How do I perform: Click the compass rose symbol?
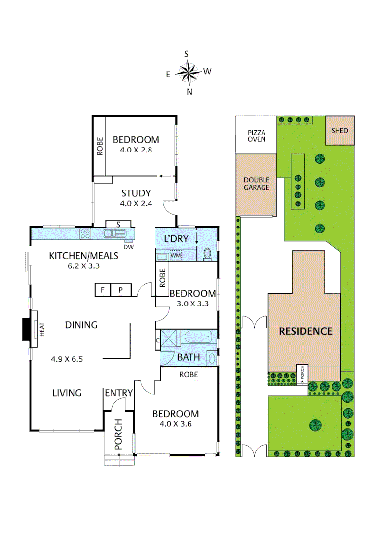pos(188,73)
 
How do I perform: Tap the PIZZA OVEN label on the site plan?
pos(257,136)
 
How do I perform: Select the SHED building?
pos(339,131)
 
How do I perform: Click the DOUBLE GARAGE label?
pos(257,184)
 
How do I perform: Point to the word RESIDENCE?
pos(305,331)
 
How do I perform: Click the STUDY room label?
pos(136,193)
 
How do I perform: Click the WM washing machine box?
pos(175,256)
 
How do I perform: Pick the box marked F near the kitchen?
pos(102,290)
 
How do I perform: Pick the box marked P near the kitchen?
pos(120,290)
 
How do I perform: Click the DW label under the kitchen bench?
pos(129,247)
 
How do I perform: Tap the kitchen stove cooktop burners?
pos(85,234)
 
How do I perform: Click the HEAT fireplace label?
pos(42,330)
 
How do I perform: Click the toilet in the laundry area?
pos(207,254)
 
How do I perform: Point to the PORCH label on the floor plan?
pos(118,435)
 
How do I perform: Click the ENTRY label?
pos(118,393)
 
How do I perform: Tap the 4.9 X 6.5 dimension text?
pos(67,359)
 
